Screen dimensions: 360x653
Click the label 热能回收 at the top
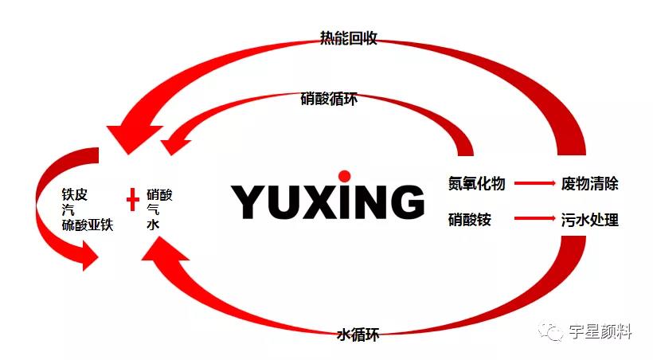348,37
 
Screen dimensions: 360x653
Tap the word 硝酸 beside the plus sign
160,194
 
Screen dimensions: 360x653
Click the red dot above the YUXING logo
344,176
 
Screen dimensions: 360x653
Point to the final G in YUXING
404,202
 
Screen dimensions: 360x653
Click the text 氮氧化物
476,183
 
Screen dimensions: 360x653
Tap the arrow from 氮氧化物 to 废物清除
534,183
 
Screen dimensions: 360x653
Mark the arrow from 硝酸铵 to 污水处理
534,217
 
